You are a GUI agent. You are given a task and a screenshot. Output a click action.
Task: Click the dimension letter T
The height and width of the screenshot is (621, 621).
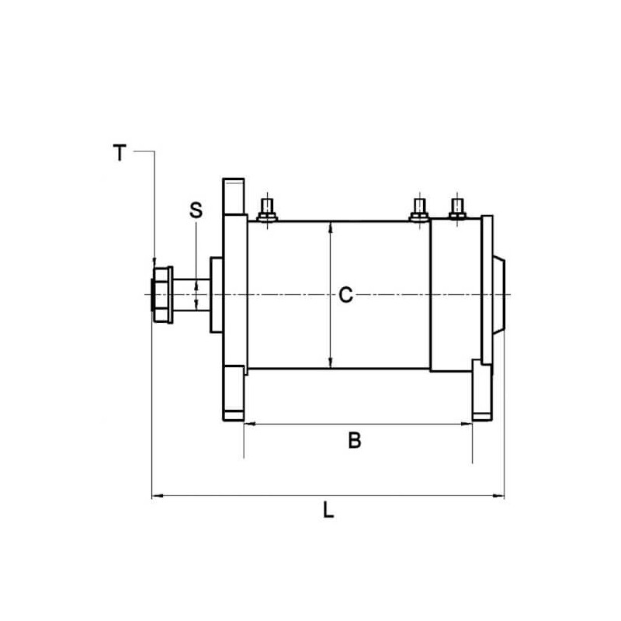click(119, 153)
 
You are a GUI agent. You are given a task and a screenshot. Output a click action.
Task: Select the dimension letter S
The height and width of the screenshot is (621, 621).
click(196, 210)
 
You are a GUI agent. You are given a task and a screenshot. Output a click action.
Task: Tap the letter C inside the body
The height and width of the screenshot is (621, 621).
click(346, 295)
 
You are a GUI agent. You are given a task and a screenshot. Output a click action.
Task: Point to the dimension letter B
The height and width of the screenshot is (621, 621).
click(354, 441)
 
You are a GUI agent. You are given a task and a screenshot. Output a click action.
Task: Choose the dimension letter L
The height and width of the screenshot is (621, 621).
click(328, 511)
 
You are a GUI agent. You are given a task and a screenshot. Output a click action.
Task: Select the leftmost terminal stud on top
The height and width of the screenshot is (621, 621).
click(267, 209)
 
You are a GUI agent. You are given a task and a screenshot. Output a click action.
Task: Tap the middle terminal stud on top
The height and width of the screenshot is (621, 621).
click(419, 209)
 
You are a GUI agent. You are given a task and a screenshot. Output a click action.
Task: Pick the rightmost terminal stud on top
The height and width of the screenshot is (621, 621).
click(458, 209)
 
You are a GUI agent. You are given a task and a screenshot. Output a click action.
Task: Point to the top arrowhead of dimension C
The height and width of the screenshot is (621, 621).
click(331, 226)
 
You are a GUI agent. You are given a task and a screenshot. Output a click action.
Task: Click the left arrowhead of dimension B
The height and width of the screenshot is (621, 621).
click(249, 424)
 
